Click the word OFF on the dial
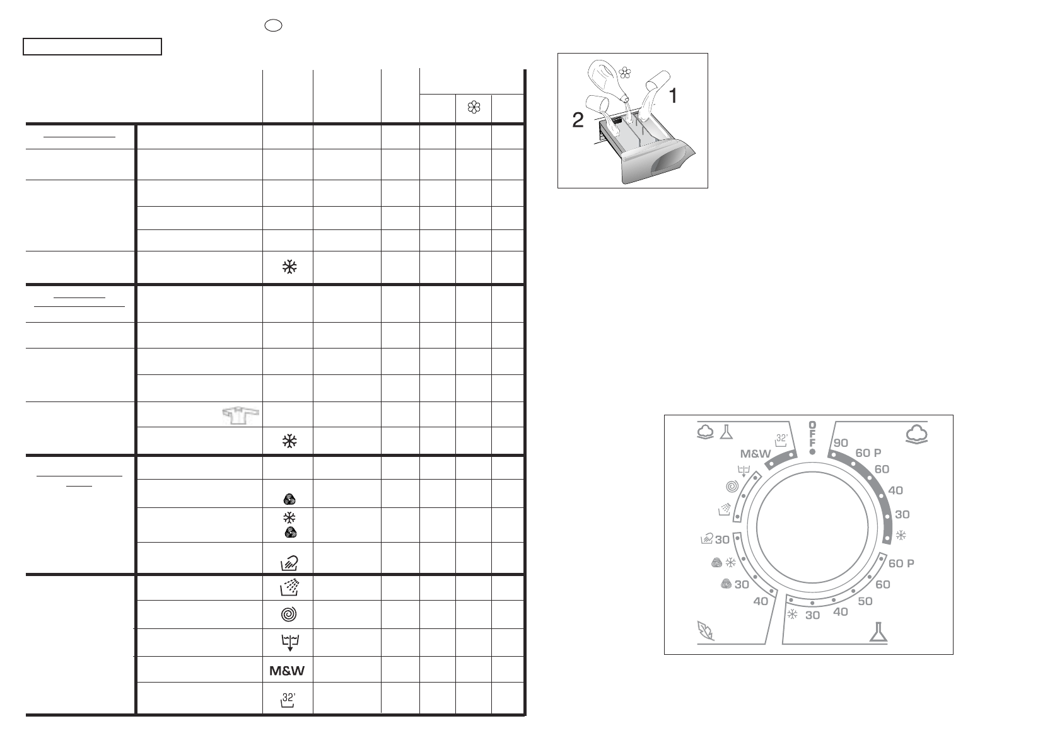tap(812, 434)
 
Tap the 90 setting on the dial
tap(841, 442)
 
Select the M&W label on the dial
tap(756, 453)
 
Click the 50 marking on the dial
tap(865, 601)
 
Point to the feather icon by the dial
tap(706, 631)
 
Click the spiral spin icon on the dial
tap(732, 486)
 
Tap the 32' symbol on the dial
tap(781, 440)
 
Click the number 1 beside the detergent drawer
tap(674, 96)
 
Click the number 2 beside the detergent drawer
tap(578, 120)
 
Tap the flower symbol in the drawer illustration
tap(625, 73)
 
